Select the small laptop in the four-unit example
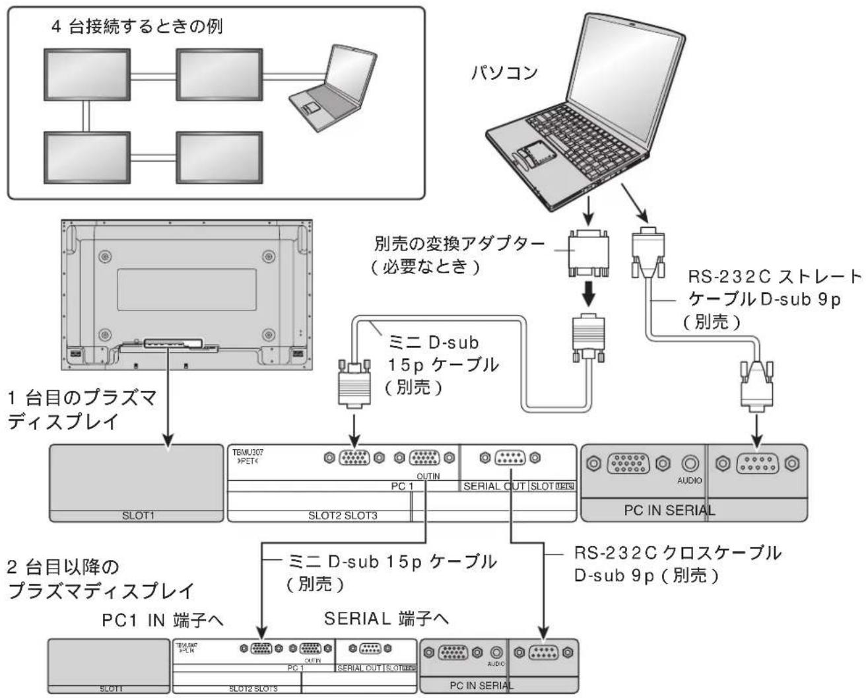tap(319, 85)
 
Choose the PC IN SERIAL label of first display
tap(669, 510)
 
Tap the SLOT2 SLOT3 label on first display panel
tap(343, 515)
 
